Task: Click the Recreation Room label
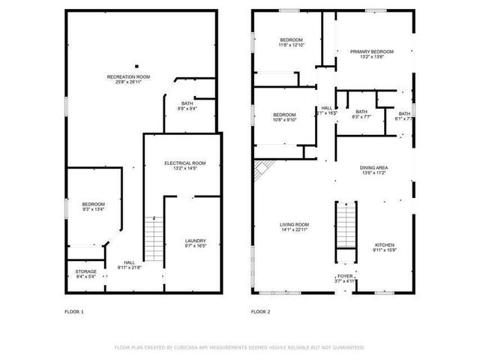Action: tap(128, 76)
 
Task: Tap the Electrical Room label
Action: tap(184, 163)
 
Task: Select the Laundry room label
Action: tap(195, 241)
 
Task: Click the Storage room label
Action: tap(85, 271)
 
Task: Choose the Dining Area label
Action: tap(373, 168)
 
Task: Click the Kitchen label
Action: tap(383, 245)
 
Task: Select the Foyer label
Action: tap(344, 276)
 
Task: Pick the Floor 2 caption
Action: tap(260, 310)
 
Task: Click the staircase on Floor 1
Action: tap(153, 235)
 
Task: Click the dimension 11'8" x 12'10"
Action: tap(291, 45)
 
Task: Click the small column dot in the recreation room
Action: tap(136, 65)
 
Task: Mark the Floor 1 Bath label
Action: tap(187, 103)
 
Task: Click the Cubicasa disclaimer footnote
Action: tap(239, 347)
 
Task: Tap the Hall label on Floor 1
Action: tap(130, 262)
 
